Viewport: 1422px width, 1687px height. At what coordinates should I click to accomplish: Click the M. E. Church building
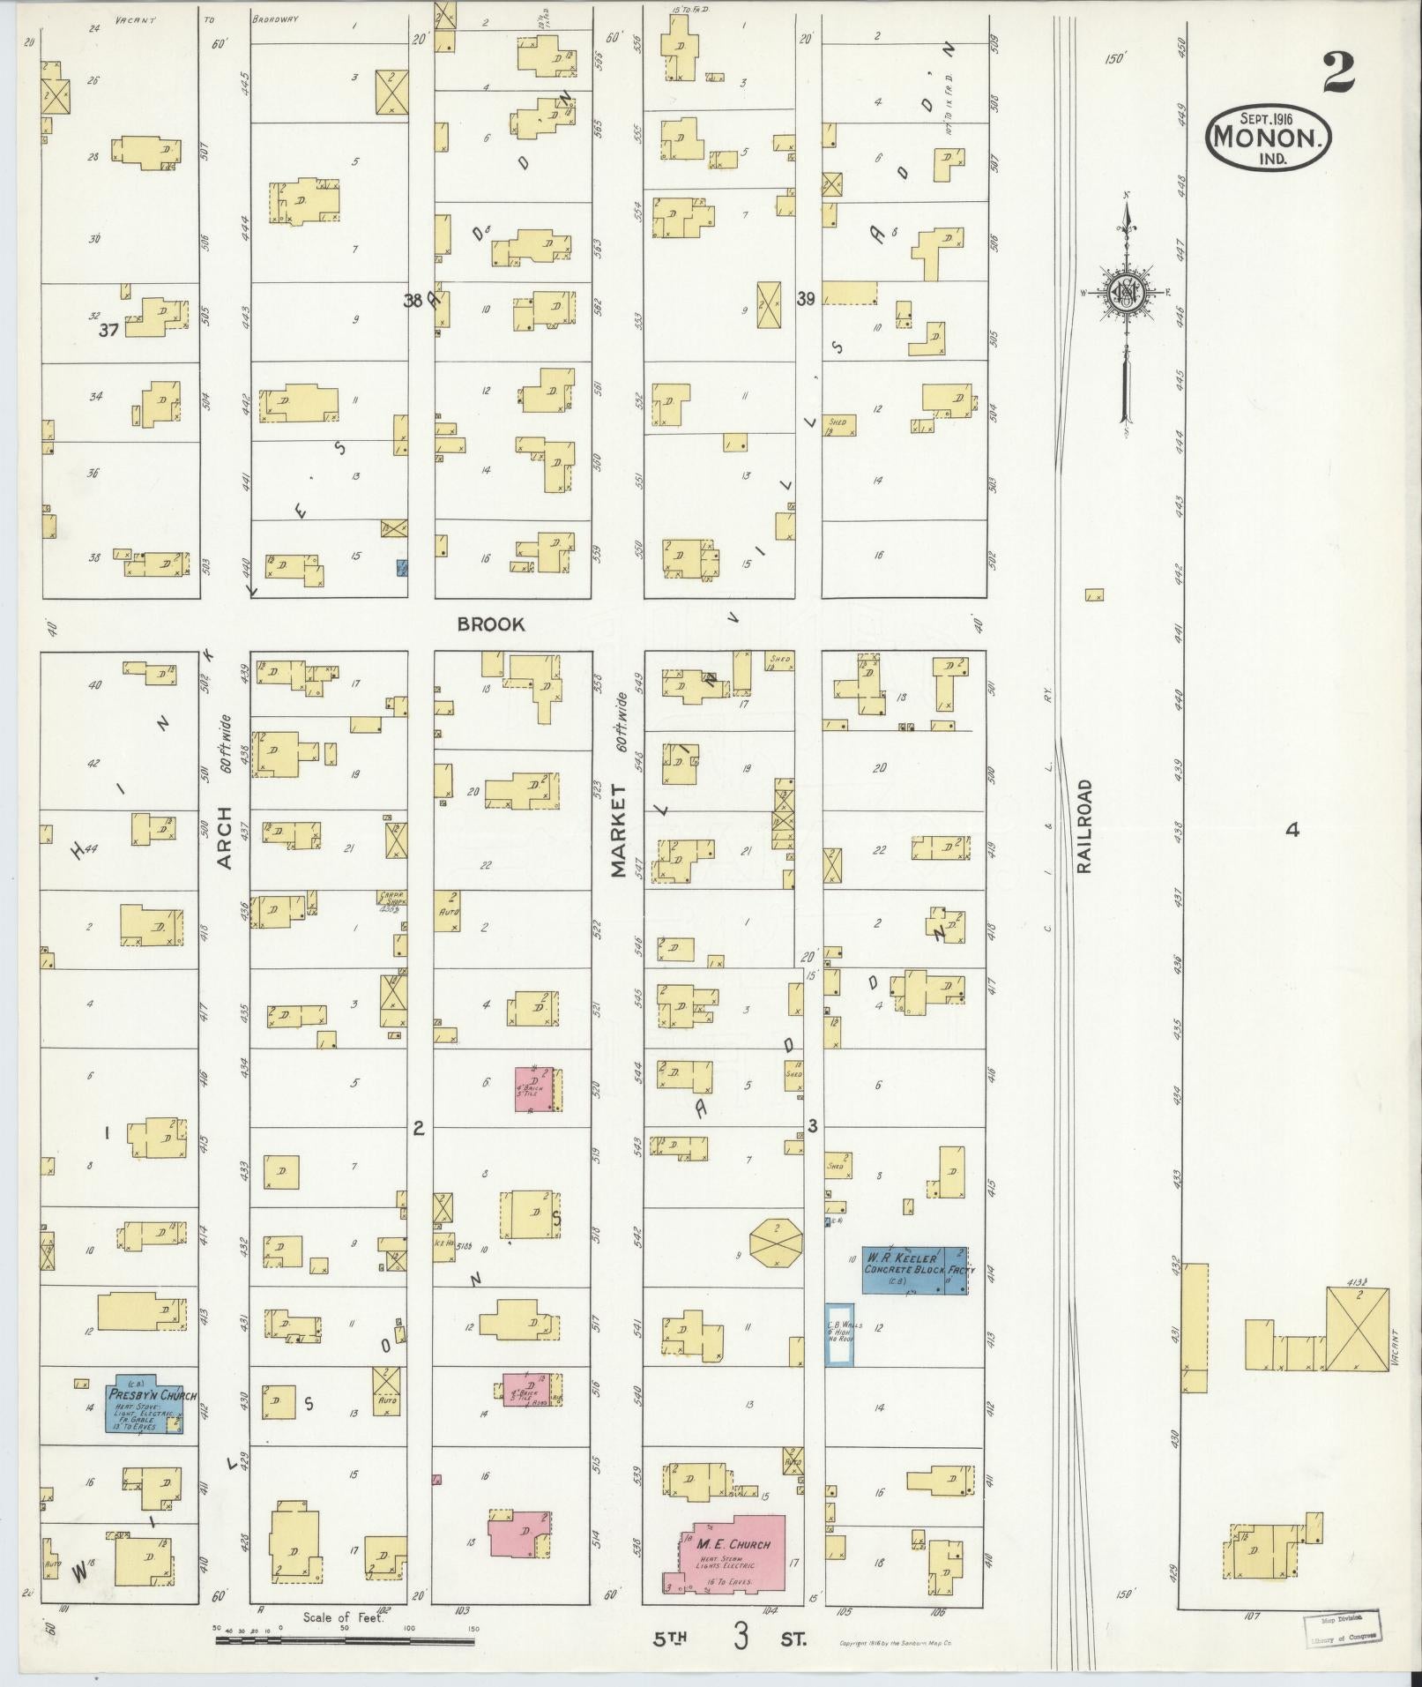click(731, 1556)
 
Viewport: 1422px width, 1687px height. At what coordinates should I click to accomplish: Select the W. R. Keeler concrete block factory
click(914, 1270)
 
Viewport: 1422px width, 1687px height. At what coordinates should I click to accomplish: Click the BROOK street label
click(491, 624)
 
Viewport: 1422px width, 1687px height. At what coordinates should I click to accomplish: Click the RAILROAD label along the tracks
click(1083, 825)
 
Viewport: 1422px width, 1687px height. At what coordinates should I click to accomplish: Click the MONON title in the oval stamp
click(1268, 137)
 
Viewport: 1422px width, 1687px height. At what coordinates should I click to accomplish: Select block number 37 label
click(109, 331)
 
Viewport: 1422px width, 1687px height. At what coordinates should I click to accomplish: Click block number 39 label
click(805, 299)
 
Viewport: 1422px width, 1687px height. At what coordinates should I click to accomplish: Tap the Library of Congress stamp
click(1340, 1628)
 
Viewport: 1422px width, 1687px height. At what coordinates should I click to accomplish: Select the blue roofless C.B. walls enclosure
click(838, 1335)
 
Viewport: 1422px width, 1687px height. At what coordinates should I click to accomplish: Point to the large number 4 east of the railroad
click(1292, 829)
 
